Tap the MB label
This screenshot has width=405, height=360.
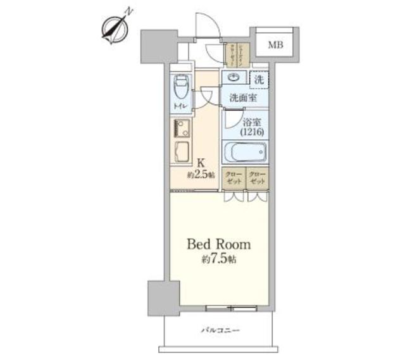pos(275,45)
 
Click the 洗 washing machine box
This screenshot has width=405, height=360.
pos(258,80)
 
